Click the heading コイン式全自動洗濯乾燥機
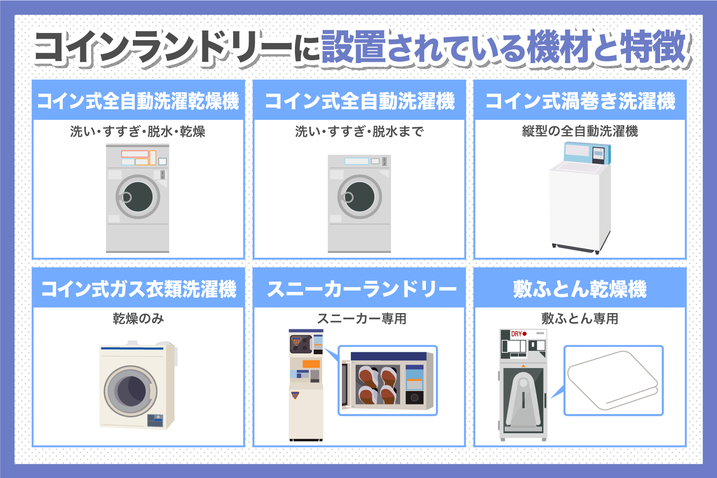point(138,101)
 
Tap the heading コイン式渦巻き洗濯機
point(580,101)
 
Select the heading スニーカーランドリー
point(361,289)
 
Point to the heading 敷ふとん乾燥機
point(580,289)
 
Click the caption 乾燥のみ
point(138,319)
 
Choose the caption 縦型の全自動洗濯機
point(580,131)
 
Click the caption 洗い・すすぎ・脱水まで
point(359,131)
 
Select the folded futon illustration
point(612,380)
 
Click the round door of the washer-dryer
point(138,197)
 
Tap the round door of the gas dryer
point(130,391)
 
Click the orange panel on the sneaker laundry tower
point(311,364)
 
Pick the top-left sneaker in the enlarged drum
point(369,377)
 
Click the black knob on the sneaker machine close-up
point(414,398)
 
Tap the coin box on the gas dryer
point(155,420)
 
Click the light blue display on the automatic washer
point(356,161)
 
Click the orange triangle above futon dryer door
point(523,366)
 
